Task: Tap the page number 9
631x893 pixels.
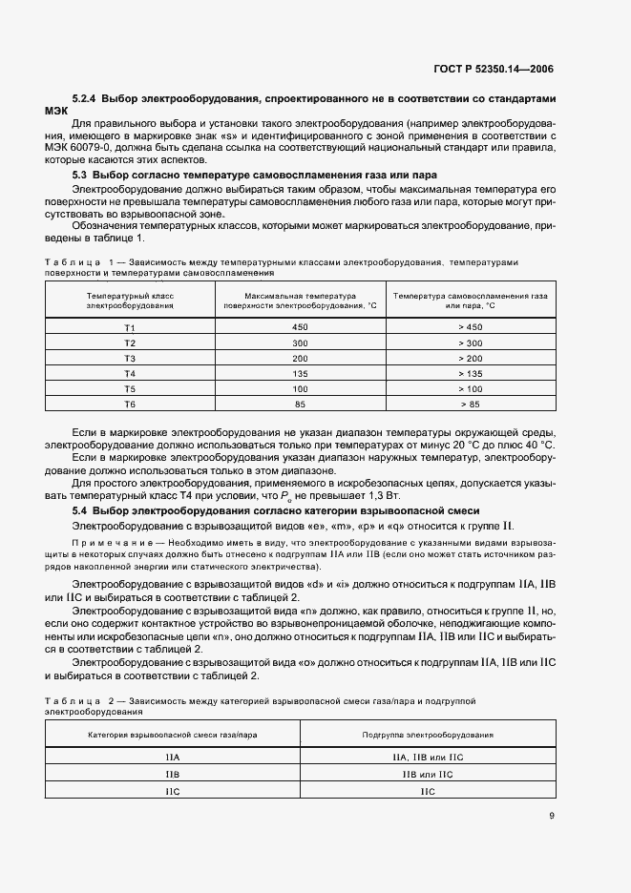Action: click(x=551, y=815)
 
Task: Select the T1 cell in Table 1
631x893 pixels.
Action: click(x=130, y=327)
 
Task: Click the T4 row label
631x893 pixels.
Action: click(x=130, y=373)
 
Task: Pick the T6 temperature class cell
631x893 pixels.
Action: click(x=130, y=404)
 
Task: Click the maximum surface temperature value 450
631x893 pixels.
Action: click(x=300, y=327)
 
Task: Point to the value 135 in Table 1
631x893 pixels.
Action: click(x=300, y=373)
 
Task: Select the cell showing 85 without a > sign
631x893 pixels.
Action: click(x=300, y=404)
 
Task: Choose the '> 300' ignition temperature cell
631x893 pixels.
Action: click(x=471, y=343)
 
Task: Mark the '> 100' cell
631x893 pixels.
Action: click(x=471, y=388)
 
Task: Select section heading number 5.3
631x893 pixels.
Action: click(x=79, y=175)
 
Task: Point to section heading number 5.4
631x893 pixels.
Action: click(x=79, y=511)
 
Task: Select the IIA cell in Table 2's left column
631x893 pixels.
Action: click(x=173, y=757)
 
